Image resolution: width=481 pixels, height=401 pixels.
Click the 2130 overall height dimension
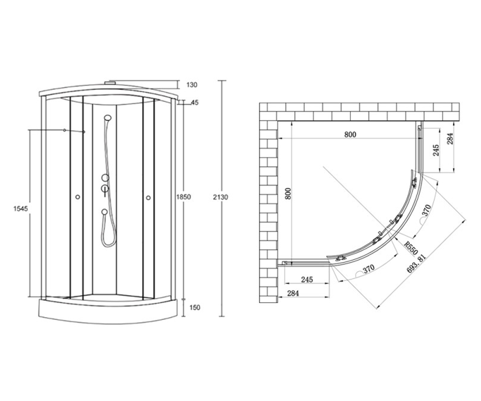pos(220,197)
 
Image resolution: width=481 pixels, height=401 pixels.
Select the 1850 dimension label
pos(184,197)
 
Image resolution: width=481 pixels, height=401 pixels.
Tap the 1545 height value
pos(20,209)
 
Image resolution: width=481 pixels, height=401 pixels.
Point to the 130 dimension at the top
pos(192,85)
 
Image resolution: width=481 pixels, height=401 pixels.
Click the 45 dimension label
pos(195,103)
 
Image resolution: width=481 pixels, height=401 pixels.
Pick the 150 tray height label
pos(195,308)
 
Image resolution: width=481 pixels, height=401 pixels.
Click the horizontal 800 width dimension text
pos(350,134)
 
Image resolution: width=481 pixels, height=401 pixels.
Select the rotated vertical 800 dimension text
pos(288,194)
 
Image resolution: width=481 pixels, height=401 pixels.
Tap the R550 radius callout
pos(411,248)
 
